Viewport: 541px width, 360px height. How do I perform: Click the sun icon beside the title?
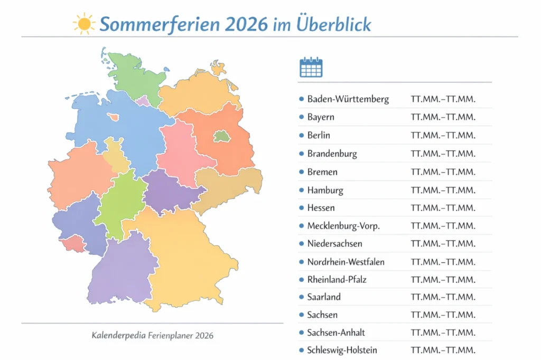click(x=84, y=24)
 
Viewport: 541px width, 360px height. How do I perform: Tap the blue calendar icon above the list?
click(x=311, y=67)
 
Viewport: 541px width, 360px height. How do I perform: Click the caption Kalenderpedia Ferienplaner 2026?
click(x=152, y=335)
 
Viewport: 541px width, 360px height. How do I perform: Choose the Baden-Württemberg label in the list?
click(x=348, y=99)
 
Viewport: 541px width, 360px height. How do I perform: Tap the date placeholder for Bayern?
click(x=443, y=117)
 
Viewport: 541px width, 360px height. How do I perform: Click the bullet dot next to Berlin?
click(x=301, y=135)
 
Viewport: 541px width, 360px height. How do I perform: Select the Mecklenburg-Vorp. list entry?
click(x=343, y=226)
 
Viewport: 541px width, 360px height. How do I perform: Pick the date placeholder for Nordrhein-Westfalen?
click(x=443, y=262)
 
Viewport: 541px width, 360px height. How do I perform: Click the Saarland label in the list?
click(x=324, y=297)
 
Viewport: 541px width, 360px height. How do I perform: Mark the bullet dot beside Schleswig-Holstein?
click(x=301, y=349)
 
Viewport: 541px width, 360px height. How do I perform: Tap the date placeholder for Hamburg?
click(x=443, y=190)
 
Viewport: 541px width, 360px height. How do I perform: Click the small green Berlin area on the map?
click(x=222, y=137)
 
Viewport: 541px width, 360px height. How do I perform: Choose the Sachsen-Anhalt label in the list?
click(x=336, y=333)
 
